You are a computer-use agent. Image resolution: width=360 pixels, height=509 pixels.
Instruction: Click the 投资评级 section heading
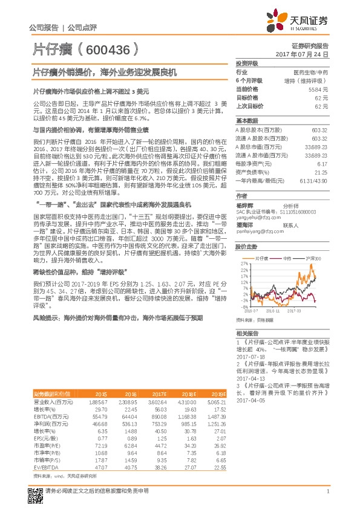coord(247,63)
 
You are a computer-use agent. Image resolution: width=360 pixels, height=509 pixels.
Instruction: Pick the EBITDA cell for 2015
coord(99,417)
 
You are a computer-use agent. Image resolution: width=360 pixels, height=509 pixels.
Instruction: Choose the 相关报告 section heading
coord(246,334)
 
